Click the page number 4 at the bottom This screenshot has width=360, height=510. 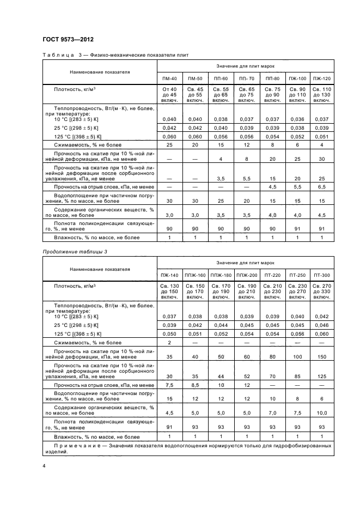(44, 465)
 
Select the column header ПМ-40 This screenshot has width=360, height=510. (167, 78)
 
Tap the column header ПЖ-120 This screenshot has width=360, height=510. (322, 78)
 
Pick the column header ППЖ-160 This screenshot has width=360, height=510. (195, 275)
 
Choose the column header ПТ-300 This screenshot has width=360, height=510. (322, 275)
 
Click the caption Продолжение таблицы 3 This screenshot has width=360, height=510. (71, 251)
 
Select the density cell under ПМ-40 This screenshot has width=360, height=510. (167, 94)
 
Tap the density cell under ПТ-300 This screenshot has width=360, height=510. (322, 290)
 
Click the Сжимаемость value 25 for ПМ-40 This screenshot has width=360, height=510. (167, 145)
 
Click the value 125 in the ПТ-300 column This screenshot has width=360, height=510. (322, 376)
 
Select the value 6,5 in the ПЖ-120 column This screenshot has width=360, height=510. (322, 187)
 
